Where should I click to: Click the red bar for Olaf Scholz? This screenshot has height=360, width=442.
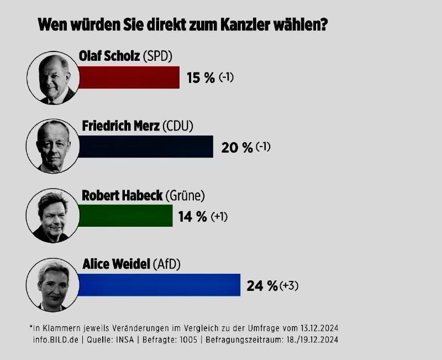point(129,77)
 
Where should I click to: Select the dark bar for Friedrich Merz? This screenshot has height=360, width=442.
point(145,147)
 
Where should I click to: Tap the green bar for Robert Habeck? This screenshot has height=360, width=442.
point(125,215)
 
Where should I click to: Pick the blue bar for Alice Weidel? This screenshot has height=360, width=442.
point(159,285)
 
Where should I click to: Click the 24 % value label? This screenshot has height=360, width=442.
point(262,286)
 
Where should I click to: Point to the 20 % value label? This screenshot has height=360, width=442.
point(236,148)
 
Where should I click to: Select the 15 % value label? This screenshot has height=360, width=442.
point(200,78)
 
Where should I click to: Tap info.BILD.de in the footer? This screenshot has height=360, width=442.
point(55,339)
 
